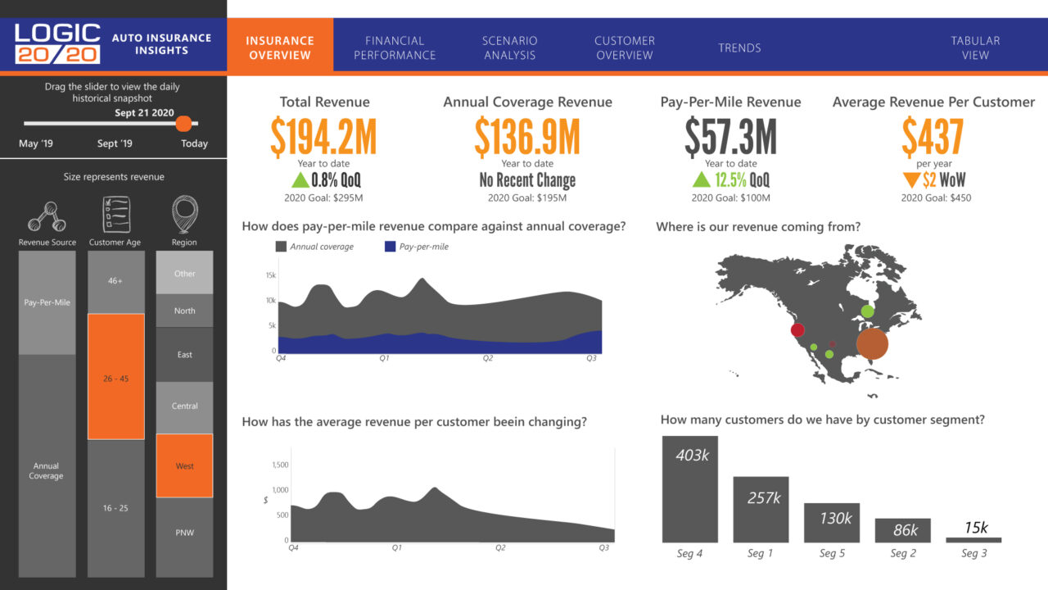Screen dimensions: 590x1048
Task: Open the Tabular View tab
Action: [x=975, y=48]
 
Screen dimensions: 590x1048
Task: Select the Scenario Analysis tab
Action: [x=509, y=48]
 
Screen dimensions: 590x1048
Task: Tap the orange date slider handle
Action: [x=184, y=124]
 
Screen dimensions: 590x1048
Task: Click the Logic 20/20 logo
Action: [x=57, y=44]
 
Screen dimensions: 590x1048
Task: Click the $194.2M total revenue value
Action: [x=324, y=137]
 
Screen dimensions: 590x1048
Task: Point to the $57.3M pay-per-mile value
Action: [x=730, y=137]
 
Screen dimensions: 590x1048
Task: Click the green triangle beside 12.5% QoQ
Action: [x=701, y=180]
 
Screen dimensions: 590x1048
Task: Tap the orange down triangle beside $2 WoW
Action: [x=911, y=180]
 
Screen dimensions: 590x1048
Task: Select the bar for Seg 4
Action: [x=689, y=489]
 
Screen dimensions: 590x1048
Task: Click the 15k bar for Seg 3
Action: [x=973, y=540]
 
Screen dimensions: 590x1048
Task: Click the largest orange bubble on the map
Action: [x=872, y=344]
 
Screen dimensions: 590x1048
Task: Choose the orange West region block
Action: [x=184, y=465]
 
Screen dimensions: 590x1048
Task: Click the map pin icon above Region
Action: [x=184, y=214]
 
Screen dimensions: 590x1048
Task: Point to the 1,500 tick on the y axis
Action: [x=278, y=465]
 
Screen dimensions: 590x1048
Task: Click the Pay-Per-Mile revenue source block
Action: [x=47, y=302]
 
